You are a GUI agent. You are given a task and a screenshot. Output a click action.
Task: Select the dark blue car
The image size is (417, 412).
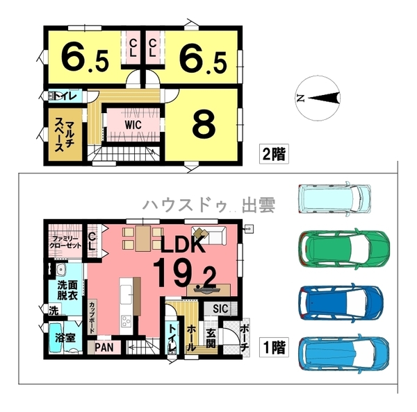[x=341, y=303]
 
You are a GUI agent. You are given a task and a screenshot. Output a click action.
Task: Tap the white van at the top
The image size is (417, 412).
[x=334, y=198]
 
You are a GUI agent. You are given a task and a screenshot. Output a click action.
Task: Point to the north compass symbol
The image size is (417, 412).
[x=318, y=98]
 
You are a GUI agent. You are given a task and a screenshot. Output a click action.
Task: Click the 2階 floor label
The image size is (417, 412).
[x=274, y=154]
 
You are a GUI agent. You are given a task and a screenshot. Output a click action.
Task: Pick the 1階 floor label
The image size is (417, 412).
[x=274, y=347]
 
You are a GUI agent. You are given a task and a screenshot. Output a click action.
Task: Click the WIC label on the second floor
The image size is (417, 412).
[x=133, y=125]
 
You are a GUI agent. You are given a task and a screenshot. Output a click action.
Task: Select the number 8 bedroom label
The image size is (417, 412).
[x=204, y=125]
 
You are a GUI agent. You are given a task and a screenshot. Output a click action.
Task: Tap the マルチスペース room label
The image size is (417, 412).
[x=65, y=135]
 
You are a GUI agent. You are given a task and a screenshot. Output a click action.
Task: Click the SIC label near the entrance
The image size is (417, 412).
[x=220, y=308]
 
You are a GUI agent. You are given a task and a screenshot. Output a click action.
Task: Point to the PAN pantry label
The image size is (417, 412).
[x=104, y=347]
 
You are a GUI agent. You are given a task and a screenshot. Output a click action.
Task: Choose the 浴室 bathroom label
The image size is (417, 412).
[x=65, y=338]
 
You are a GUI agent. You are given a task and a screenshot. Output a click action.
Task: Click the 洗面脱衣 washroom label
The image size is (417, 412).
[x=67, y=291]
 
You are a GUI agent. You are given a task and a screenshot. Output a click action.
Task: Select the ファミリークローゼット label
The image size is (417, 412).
[x=65, y=242]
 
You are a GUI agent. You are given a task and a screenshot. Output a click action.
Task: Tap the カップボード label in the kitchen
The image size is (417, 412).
[x=92, y=318]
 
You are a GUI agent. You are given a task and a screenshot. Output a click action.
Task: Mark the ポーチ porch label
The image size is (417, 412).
[x=245, y=336]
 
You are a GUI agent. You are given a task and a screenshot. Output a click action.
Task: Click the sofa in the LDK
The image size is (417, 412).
[x=213, y=235]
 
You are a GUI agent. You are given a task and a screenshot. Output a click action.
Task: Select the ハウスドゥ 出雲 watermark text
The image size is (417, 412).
[x=209, y=205]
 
